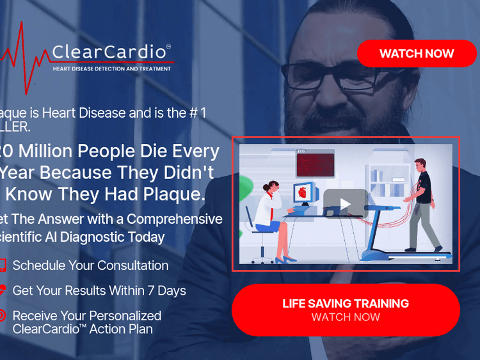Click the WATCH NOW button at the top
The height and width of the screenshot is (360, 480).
417,54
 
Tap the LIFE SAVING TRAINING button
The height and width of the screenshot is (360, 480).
346,310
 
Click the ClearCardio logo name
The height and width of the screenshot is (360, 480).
110,52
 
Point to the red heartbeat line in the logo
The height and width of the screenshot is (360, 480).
22,58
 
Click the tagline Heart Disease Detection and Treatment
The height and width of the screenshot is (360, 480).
112,69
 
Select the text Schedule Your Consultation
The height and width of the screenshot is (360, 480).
90,265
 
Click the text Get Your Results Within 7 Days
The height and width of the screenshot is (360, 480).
99,290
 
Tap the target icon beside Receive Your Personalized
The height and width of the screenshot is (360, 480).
3,315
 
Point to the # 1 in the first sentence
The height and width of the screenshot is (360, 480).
196,113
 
